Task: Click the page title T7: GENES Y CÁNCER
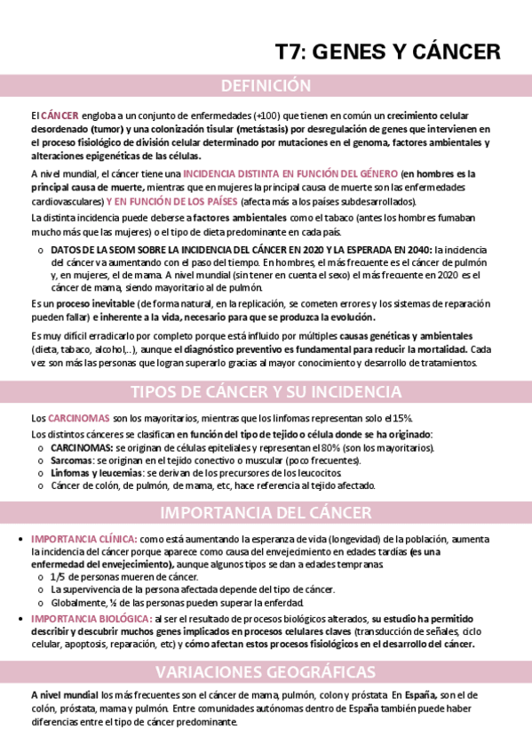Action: (387, 52)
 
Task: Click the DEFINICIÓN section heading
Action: (266, 86)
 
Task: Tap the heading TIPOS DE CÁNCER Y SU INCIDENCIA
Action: (266, 392)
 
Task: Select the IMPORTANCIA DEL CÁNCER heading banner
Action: (266, 513)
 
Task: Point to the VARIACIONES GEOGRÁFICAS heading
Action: (266, 671)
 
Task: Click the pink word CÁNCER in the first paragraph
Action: (60, 116)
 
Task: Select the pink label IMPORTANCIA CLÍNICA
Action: (83, 539)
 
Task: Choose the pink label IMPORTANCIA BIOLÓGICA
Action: (90, 618)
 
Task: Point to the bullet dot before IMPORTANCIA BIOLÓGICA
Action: (21, 618)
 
